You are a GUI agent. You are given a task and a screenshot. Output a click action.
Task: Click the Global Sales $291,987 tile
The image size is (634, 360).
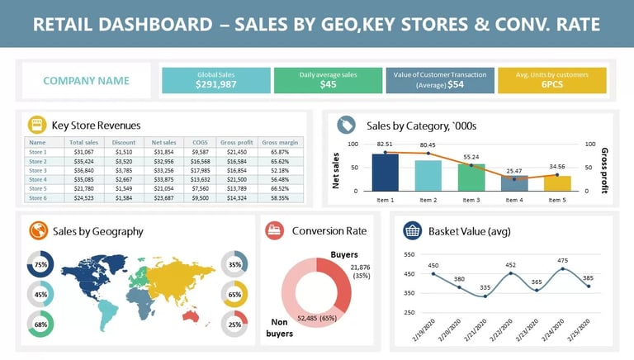[x=216, y=80]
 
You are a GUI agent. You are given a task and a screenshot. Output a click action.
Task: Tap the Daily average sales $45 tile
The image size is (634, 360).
[x=328, y=80]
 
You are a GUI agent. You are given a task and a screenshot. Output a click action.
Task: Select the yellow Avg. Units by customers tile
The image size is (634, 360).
[x=552, y=80]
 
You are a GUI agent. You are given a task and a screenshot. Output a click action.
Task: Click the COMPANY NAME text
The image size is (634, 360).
[x=86, y=81]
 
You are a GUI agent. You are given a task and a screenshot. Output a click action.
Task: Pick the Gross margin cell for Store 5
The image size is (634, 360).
[x=280, y=189]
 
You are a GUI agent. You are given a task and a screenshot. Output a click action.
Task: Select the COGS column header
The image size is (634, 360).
[x=200, y=143]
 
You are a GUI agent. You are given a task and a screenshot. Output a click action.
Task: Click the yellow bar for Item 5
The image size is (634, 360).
[x=557, y=182]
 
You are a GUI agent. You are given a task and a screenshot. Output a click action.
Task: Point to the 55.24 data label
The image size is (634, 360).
[x=471, y=157]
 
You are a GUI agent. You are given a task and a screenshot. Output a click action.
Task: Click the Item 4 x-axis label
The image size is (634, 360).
[x=514, y=200]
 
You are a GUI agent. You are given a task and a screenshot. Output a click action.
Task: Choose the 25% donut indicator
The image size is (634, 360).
[x=234, y=324]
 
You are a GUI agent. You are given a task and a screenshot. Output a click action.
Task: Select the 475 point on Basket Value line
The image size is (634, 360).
[x=564, y=268]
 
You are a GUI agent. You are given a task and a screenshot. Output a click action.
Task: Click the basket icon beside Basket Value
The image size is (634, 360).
[x=413, y=230]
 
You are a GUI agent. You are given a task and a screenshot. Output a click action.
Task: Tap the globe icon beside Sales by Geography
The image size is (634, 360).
[x=37, y=231]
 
